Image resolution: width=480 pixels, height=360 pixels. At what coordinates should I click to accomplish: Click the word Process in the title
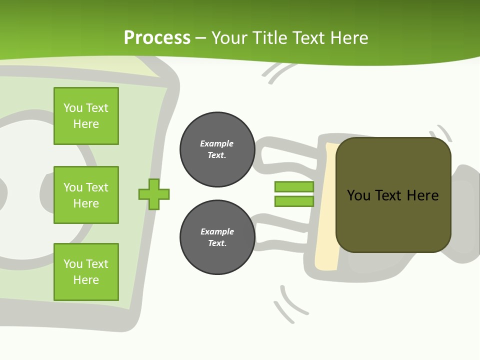157,38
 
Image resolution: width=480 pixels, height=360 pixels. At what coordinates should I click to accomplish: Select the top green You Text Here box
86,116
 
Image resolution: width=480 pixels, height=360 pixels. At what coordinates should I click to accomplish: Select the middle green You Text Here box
86,195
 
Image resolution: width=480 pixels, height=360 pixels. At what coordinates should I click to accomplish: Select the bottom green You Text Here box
86,272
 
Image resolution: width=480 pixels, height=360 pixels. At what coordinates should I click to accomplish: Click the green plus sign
154,194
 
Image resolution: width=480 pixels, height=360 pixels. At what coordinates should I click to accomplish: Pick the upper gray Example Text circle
217,149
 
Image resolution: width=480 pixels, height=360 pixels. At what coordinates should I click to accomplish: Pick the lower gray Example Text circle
217,237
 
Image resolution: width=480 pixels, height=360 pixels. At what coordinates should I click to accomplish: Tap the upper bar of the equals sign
294,186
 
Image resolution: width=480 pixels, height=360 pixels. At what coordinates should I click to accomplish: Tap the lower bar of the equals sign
294,201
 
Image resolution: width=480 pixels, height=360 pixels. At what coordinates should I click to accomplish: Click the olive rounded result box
393,225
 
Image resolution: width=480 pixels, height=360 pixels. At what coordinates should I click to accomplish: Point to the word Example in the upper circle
217,143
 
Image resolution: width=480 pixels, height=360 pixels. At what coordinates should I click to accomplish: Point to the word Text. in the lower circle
217,243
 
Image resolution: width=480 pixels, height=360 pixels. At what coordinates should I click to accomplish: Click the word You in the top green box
72,108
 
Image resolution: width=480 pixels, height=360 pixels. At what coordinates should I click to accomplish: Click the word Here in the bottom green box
86,280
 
